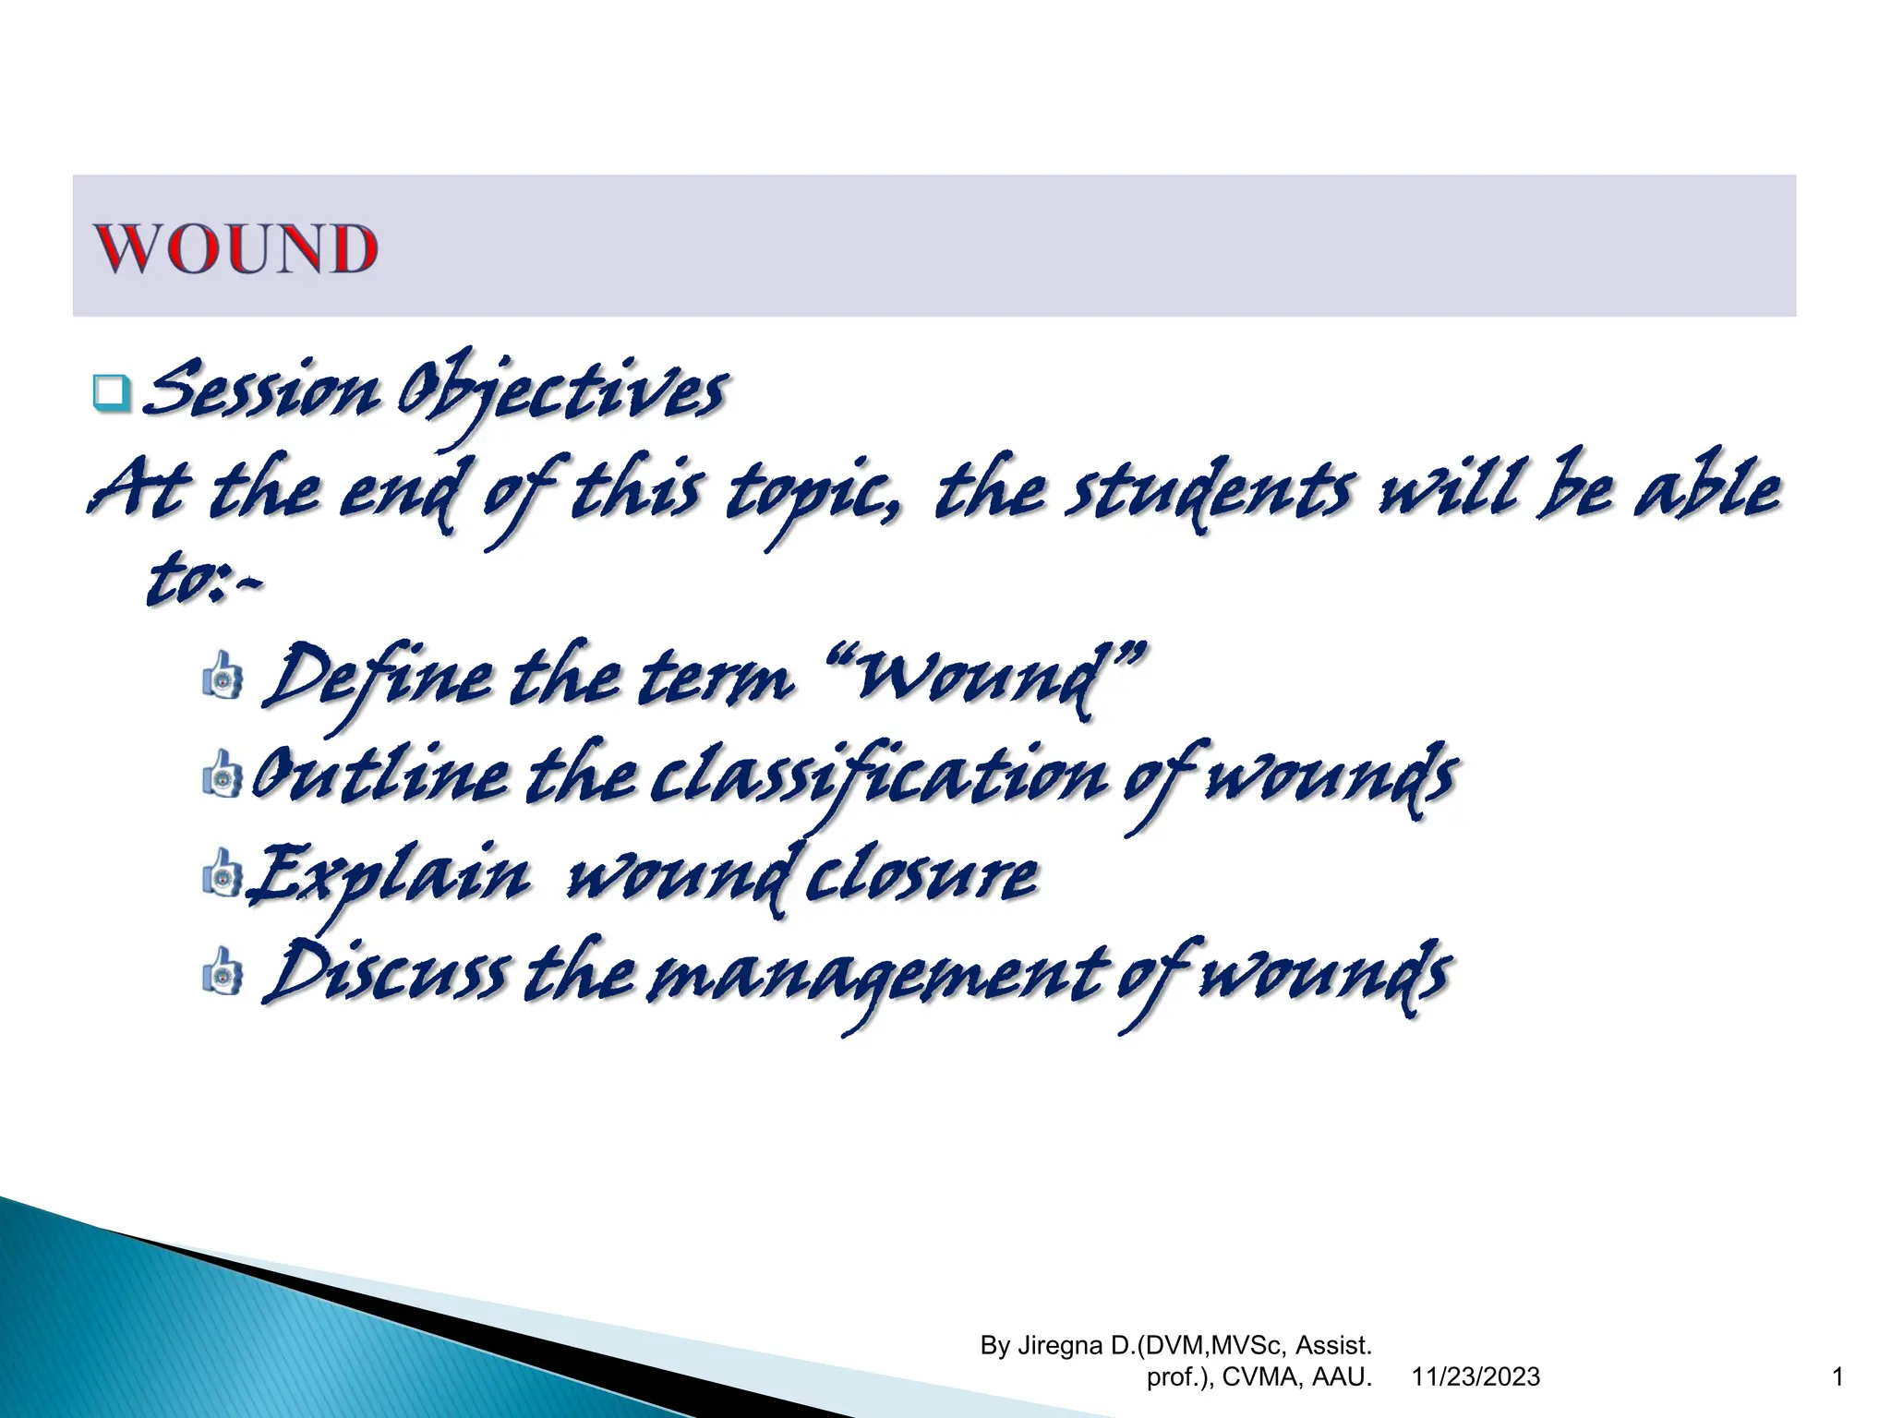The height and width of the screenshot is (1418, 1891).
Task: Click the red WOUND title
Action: pos(236,248)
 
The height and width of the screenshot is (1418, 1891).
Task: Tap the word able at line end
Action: pos(1708,489)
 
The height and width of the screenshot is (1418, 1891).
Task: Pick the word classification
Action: pos(877,775)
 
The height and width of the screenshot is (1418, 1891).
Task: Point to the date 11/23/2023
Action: pos(1475,1377)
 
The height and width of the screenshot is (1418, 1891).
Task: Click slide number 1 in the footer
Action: pos(1837,1377)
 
